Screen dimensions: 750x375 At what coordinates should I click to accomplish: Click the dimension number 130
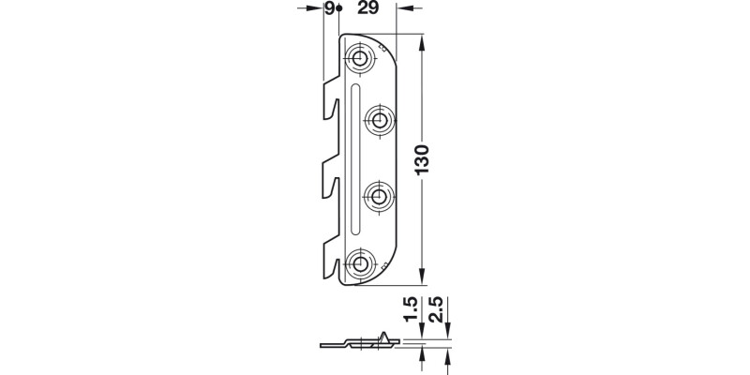tap(422, 159)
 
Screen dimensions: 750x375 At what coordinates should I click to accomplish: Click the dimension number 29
tap(367, 8)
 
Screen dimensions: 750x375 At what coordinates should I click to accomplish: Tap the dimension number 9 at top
tap(330, 8)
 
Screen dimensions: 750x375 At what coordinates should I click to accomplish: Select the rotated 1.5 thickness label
tap(411, 309)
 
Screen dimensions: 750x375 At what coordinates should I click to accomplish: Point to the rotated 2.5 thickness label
tap(436, 309)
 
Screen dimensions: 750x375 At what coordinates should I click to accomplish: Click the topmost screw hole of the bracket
tap(360, 59)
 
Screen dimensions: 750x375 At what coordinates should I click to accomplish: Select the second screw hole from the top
tap(380, 120)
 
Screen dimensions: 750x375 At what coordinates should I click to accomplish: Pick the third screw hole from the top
tap(379, 197)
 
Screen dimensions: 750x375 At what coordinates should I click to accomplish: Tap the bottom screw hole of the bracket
tap(360, 263)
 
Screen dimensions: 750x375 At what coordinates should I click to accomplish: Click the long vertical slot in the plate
tap(355, 158)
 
